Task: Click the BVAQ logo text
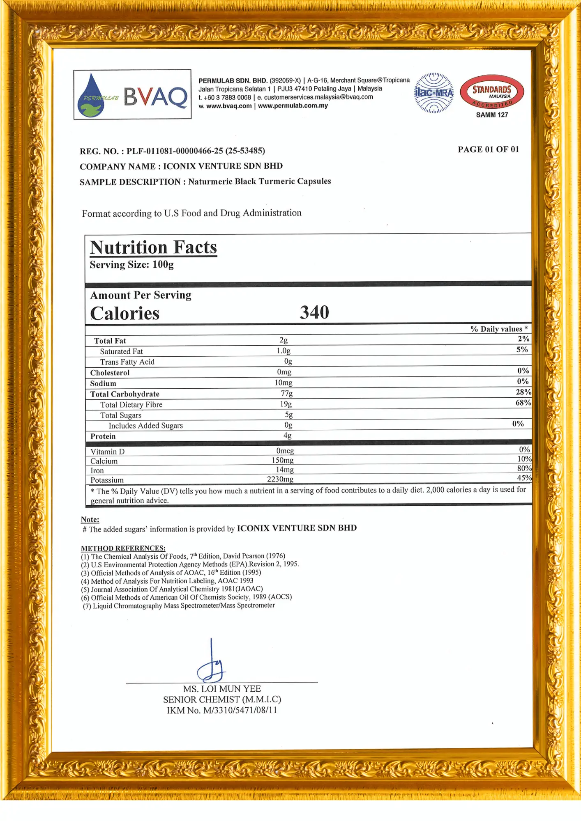pos(155,96)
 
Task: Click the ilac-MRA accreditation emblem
pos(434,93)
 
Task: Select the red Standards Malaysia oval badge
pos(492,92)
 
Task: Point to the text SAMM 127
pos(492,115)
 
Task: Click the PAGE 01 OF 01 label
pos(488,149)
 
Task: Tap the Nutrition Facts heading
pos(153,248)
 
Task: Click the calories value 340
pos(314,312)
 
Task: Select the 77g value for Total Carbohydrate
pos(287,393)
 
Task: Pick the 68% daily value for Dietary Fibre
pos(523,403)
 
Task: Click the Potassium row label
pos(107,480)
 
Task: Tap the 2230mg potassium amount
pos(280,479)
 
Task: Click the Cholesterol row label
pos(110,373)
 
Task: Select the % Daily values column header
pos(499,329)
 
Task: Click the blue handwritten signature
pos(211,663)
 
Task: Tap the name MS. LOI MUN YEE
pos(222,689)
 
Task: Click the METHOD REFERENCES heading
pos(123,548)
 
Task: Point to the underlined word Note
pos(90,520)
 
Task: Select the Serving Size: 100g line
pos(131,265)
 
